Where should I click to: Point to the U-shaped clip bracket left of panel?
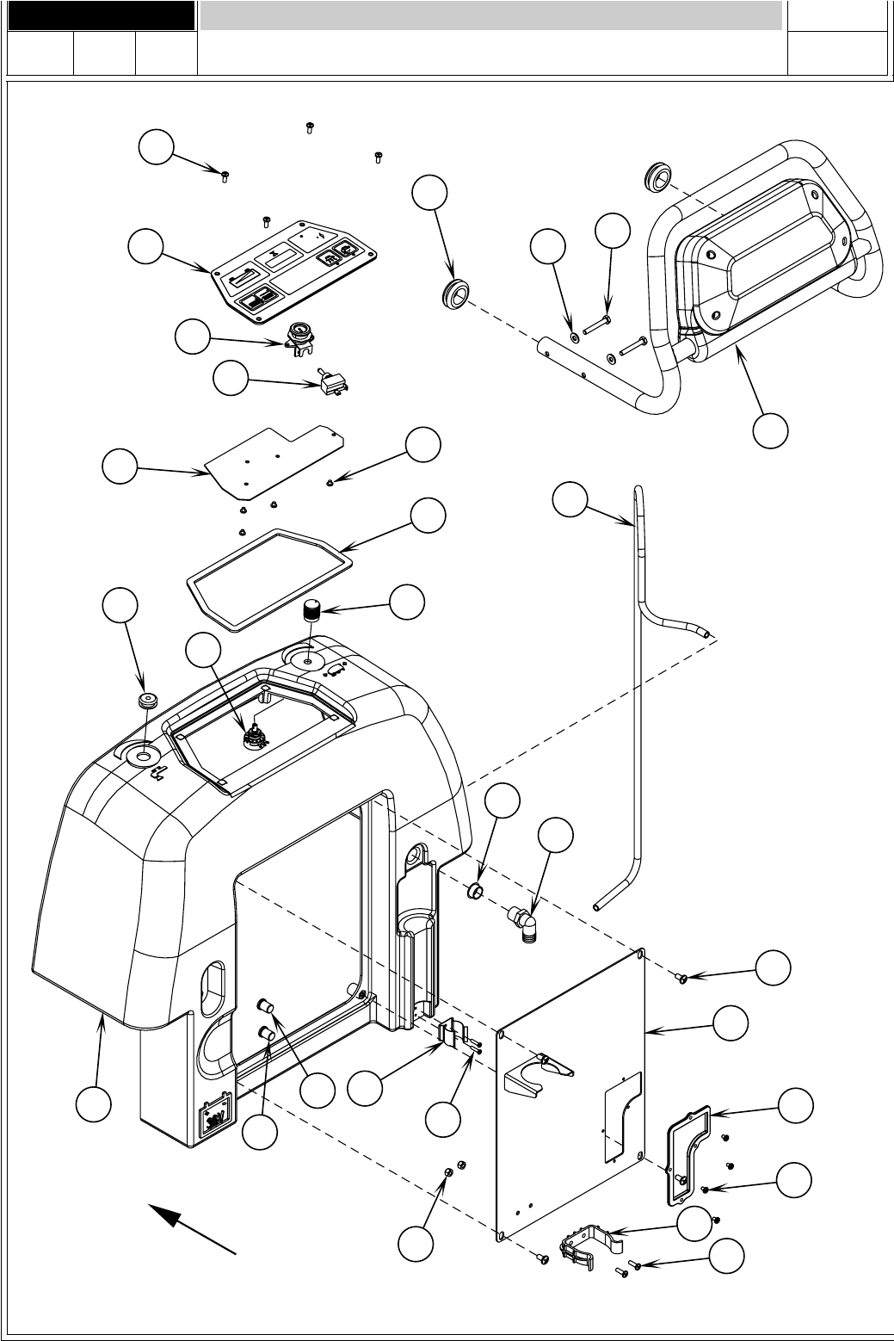click(x=455, y=1035)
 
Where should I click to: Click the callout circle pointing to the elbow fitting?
click(x=555, y=837)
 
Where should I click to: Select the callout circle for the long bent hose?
click(x=570, y=499)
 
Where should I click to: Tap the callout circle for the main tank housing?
click(x=93, y=1104)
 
